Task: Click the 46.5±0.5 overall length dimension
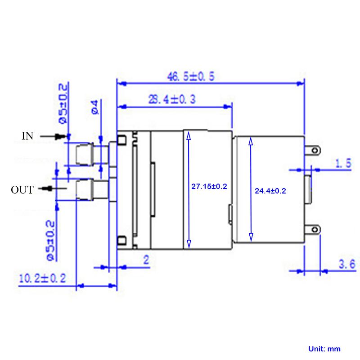click(x=191, y=76)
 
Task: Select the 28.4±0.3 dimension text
click(x=172, y=99)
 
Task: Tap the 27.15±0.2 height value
click(x=209, y=186)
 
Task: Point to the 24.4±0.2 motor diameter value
click(x=270, y=191)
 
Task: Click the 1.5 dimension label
click(x=343, y=163)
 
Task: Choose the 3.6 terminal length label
click(x=347, y=264)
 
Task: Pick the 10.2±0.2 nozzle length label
click(x=42, y=278)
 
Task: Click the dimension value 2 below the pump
click(x=146, y=260)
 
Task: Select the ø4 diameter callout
click(x=95, y=107)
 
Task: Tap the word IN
click(x=27, y=136)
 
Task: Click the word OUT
click(x=22, y=190)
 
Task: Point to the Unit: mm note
click(x=324, y=349)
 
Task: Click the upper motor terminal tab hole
click(x=315, y=151)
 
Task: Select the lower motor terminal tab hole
click(x=315, y=229)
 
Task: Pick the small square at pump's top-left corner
click(x=121, y=139)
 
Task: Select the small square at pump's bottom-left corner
click(x=121, y=240)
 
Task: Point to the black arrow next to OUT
click(x=52, y=189)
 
